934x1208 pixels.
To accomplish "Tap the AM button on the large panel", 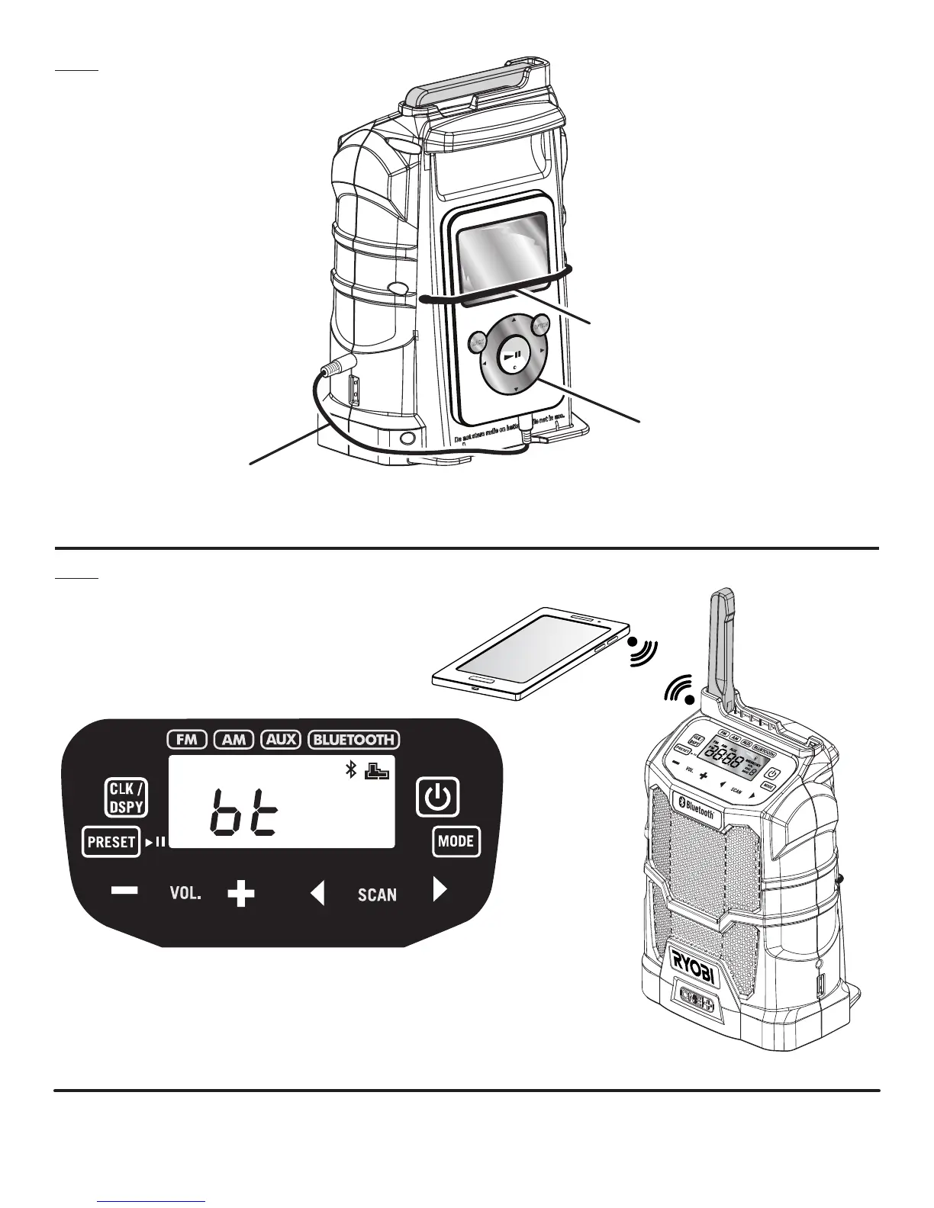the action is (233, 739).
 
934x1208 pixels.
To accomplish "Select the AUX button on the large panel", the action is (281, 739).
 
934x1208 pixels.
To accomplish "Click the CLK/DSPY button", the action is (125, 798).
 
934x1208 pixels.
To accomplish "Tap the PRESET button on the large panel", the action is (111, 842).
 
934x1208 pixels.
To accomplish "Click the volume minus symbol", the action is (124, 891).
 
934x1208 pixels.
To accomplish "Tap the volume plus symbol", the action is (241, 894).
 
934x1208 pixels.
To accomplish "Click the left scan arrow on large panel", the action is (317, 893).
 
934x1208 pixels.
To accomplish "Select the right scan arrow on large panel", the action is (440, 889).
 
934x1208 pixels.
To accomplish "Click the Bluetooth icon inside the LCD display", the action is (351, 772).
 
